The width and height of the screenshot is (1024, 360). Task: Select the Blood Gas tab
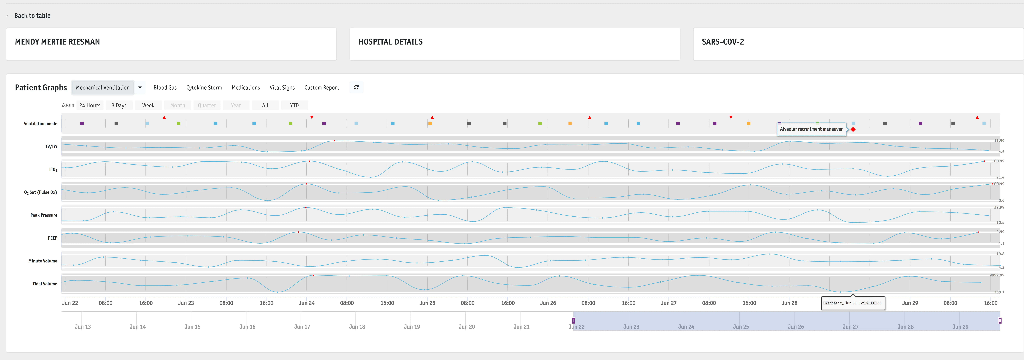click(165, 87)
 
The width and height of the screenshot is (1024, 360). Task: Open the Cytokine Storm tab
click(204, 87)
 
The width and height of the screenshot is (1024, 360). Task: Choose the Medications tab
click(246, 87)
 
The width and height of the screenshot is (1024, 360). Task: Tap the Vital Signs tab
click(282, 87)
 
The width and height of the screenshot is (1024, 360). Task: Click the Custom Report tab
click(322, 87)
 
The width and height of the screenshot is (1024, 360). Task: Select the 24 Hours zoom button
click(90, 105)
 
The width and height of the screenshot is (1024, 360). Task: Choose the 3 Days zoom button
click(119, 105)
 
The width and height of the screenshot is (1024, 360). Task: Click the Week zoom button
click(148, 105)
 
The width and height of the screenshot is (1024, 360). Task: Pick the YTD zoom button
click(294, 105)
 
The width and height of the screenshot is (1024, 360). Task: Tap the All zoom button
click(265, 105)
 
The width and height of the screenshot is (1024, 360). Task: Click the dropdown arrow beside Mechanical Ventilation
click(140, 87)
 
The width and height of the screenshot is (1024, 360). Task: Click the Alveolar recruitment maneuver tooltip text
click(811, 129)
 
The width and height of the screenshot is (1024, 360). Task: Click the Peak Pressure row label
click(44, 215)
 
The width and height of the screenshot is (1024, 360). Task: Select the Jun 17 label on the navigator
click(302, 327)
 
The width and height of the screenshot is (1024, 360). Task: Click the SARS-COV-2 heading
click(723, 42)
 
